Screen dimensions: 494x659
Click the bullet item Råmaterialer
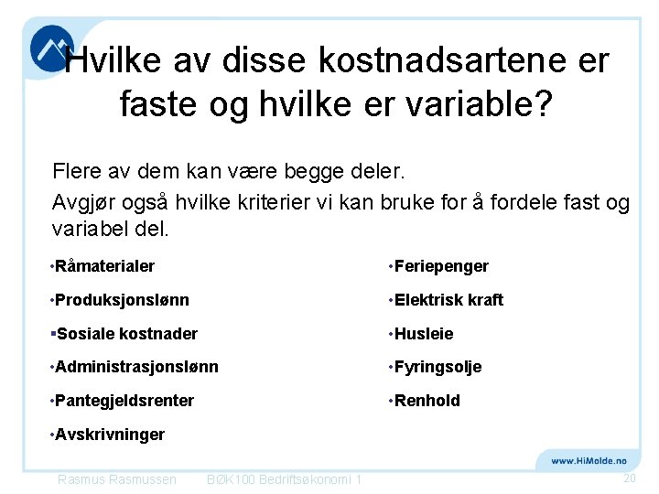tap(104, 266)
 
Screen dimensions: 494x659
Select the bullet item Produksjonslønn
tap(122, 300)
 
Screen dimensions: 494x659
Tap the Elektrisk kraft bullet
tap(448, 300)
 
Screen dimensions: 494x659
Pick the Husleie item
tap(424, 334)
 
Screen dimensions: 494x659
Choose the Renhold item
tap(427, 401)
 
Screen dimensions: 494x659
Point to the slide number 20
tap(629, 478)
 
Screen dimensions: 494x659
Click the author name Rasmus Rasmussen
tap(117, 479)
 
